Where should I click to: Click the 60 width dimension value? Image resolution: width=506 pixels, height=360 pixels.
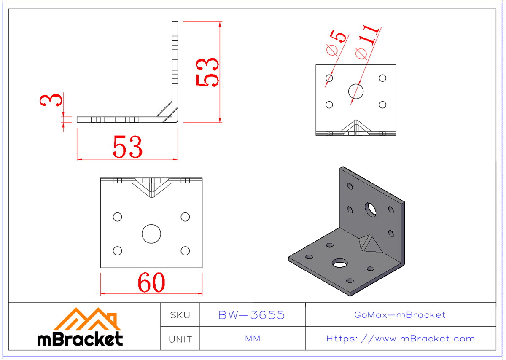click(x=151, y=283)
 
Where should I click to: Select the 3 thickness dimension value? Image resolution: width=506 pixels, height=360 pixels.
click(x=51, y=101)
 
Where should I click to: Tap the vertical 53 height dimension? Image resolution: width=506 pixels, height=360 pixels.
click(x=207, y=72)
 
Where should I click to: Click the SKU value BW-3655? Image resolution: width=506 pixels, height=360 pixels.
click(x=252, y=315)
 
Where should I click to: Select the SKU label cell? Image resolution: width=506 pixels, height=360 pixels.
click(x=180, y=315)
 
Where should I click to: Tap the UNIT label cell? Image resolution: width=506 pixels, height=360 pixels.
click(x=180, y=339)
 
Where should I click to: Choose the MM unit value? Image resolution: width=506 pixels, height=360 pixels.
click(x=252, y=339)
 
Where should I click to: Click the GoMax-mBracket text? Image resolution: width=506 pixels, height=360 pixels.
click(x=400, y=315)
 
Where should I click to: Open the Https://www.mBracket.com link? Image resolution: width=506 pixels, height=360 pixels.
click(x=401, y=339)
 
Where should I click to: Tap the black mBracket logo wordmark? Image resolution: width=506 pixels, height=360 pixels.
click(x=80, y=339)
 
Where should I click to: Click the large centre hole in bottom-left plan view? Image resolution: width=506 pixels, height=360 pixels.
click(x=151, y=234)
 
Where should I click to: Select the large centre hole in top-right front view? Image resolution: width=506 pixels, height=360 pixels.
click(x=356, y=91)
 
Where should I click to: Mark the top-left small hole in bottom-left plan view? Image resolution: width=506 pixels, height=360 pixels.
click(x=118, y=217)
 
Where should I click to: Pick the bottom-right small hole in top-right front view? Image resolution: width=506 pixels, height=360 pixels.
click(x=382, y=105)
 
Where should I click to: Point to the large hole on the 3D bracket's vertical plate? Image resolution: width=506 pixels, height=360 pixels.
click(x=371, y=209)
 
